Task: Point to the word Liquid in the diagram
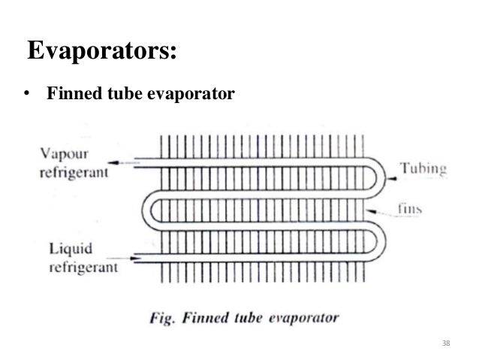[x=68, y=249]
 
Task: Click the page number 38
[x=446, y=343]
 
